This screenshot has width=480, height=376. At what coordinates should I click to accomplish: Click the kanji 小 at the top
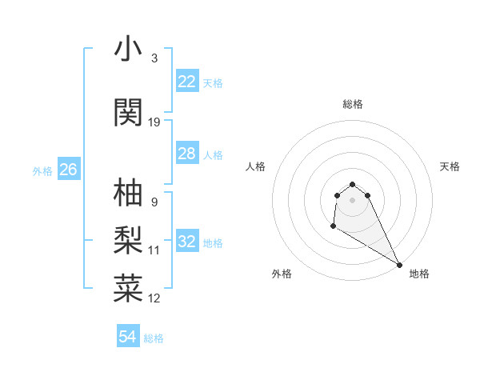tap(128, 49)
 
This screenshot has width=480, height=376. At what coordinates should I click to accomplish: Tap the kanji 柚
tap(128, 192)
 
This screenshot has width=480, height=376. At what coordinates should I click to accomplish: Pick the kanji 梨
tap(128, 240)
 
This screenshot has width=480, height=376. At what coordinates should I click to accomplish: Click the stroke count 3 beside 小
tap(154, 58)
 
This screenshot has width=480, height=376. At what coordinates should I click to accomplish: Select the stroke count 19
tap(154, 122)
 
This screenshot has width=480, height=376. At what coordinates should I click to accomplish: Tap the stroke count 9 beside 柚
tap(154, 202)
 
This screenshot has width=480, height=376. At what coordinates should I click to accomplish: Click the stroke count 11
tap(154, 250)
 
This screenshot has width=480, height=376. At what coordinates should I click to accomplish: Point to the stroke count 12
tap(154, 298)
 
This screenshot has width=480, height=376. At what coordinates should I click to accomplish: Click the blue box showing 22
tap(187, 82)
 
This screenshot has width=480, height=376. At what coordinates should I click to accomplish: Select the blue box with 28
tap(187, 154)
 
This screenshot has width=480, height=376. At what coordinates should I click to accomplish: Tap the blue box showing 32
tap(187, 242)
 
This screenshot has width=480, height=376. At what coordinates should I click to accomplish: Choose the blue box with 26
tap(69, 170)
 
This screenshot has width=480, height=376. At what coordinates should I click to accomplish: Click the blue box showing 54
tap(128, 337)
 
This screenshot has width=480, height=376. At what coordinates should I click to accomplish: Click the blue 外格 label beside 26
tap(42, 170)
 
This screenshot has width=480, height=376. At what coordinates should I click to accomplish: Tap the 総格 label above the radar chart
tap(353, 104)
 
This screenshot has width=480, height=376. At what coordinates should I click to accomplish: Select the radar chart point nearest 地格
tap(399, 265)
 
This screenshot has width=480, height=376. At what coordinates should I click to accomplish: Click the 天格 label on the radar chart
tap(450, 166)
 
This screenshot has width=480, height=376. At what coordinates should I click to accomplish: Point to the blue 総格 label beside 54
tap(154, 338)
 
